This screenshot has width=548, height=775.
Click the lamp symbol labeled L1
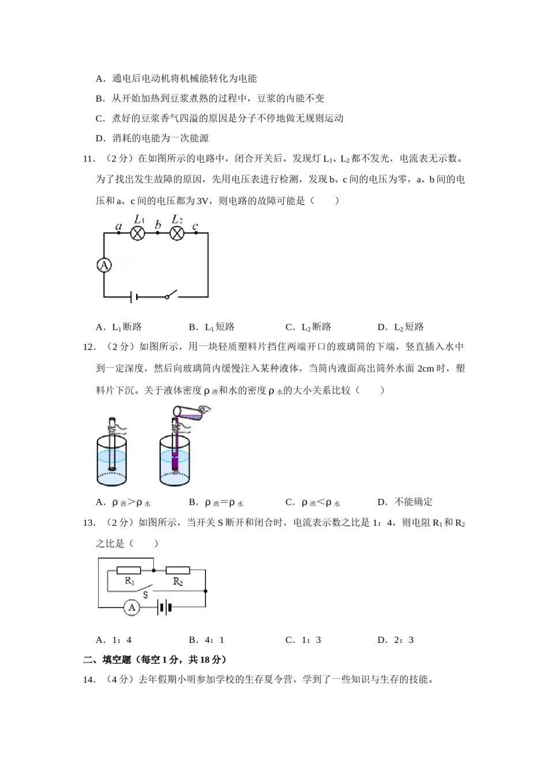(137, 233)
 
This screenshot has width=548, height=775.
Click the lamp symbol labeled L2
(177, 233)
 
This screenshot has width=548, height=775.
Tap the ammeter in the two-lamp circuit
(104, 265)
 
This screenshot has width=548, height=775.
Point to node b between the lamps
(157, 233)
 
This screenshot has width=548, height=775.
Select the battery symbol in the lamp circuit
(134, 297)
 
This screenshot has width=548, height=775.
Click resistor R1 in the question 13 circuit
(129, 570)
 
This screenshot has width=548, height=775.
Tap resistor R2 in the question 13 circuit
(178, 570)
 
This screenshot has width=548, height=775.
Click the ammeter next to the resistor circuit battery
(132, 607)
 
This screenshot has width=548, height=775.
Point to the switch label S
(145, 595)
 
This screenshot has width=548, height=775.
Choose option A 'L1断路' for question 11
(119, 327)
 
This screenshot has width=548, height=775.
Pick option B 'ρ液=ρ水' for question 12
(216, 502)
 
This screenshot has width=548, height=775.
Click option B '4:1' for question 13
(207, 639)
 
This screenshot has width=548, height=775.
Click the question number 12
(89, 347)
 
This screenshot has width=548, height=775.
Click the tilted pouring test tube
(188, 412)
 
